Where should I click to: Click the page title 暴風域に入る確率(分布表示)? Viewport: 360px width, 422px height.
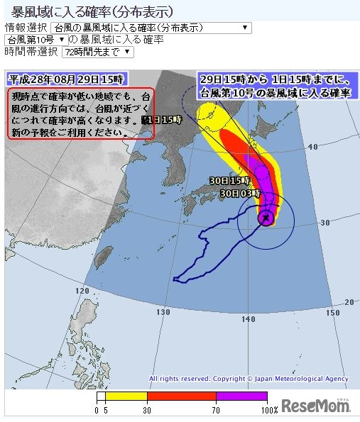[x=92, y=12]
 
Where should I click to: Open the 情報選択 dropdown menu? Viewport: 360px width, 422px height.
[x=151, y=28]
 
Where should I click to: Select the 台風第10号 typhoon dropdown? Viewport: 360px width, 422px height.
[x=36, y=40]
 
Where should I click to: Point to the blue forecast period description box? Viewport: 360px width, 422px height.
[x=273, y=85]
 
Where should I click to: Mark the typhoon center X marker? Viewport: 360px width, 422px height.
[x=266, y=218]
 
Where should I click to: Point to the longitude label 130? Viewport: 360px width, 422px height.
[x=165, y=313]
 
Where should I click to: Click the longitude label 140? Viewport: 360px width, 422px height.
[x=248, y=319]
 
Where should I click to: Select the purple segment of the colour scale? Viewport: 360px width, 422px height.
[x=241, y=396]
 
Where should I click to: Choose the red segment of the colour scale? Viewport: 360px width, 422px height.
[x=181, y=396]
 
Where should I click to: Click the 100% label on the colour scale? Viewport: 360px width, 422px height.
[x=268, y=410]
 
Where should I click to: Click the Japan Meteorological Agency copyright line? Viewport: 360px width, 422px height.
[x=248, y=379]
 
